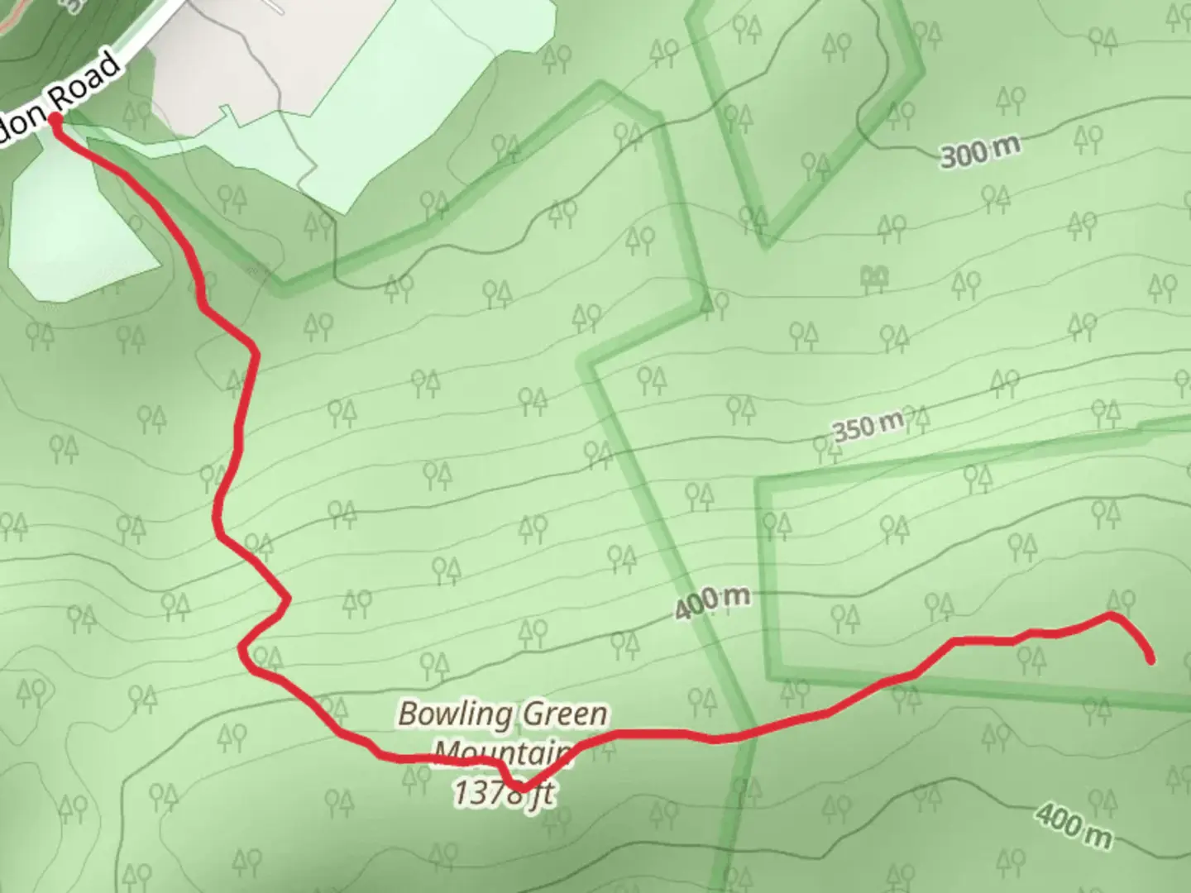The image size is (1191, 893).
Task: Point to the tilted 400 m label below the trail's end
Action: tap(1074, 824)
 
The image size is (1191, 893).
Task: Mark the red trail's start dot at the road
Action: tap(55, 121)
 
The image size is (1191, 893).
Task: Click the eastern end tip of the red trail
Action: tap(1150, 660)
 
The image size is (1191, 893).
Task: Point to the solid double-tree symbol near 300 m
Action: tap(872, 279)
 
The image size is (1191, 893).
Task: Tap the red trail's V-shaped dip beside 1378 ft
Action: tap(519, 786)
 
